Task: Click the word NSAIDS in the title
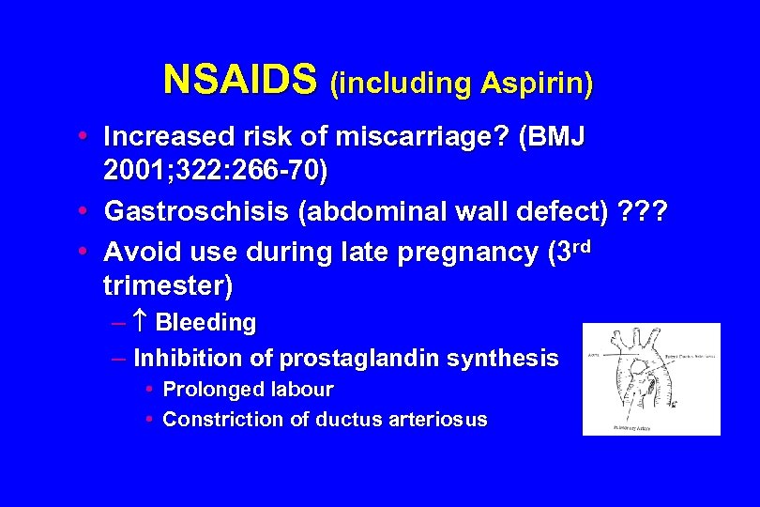240,81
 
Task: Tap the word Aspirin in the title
536,84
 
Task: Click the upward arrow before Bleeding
143,323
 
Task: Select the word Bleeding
205,323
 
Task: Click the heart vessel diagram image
651,379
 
